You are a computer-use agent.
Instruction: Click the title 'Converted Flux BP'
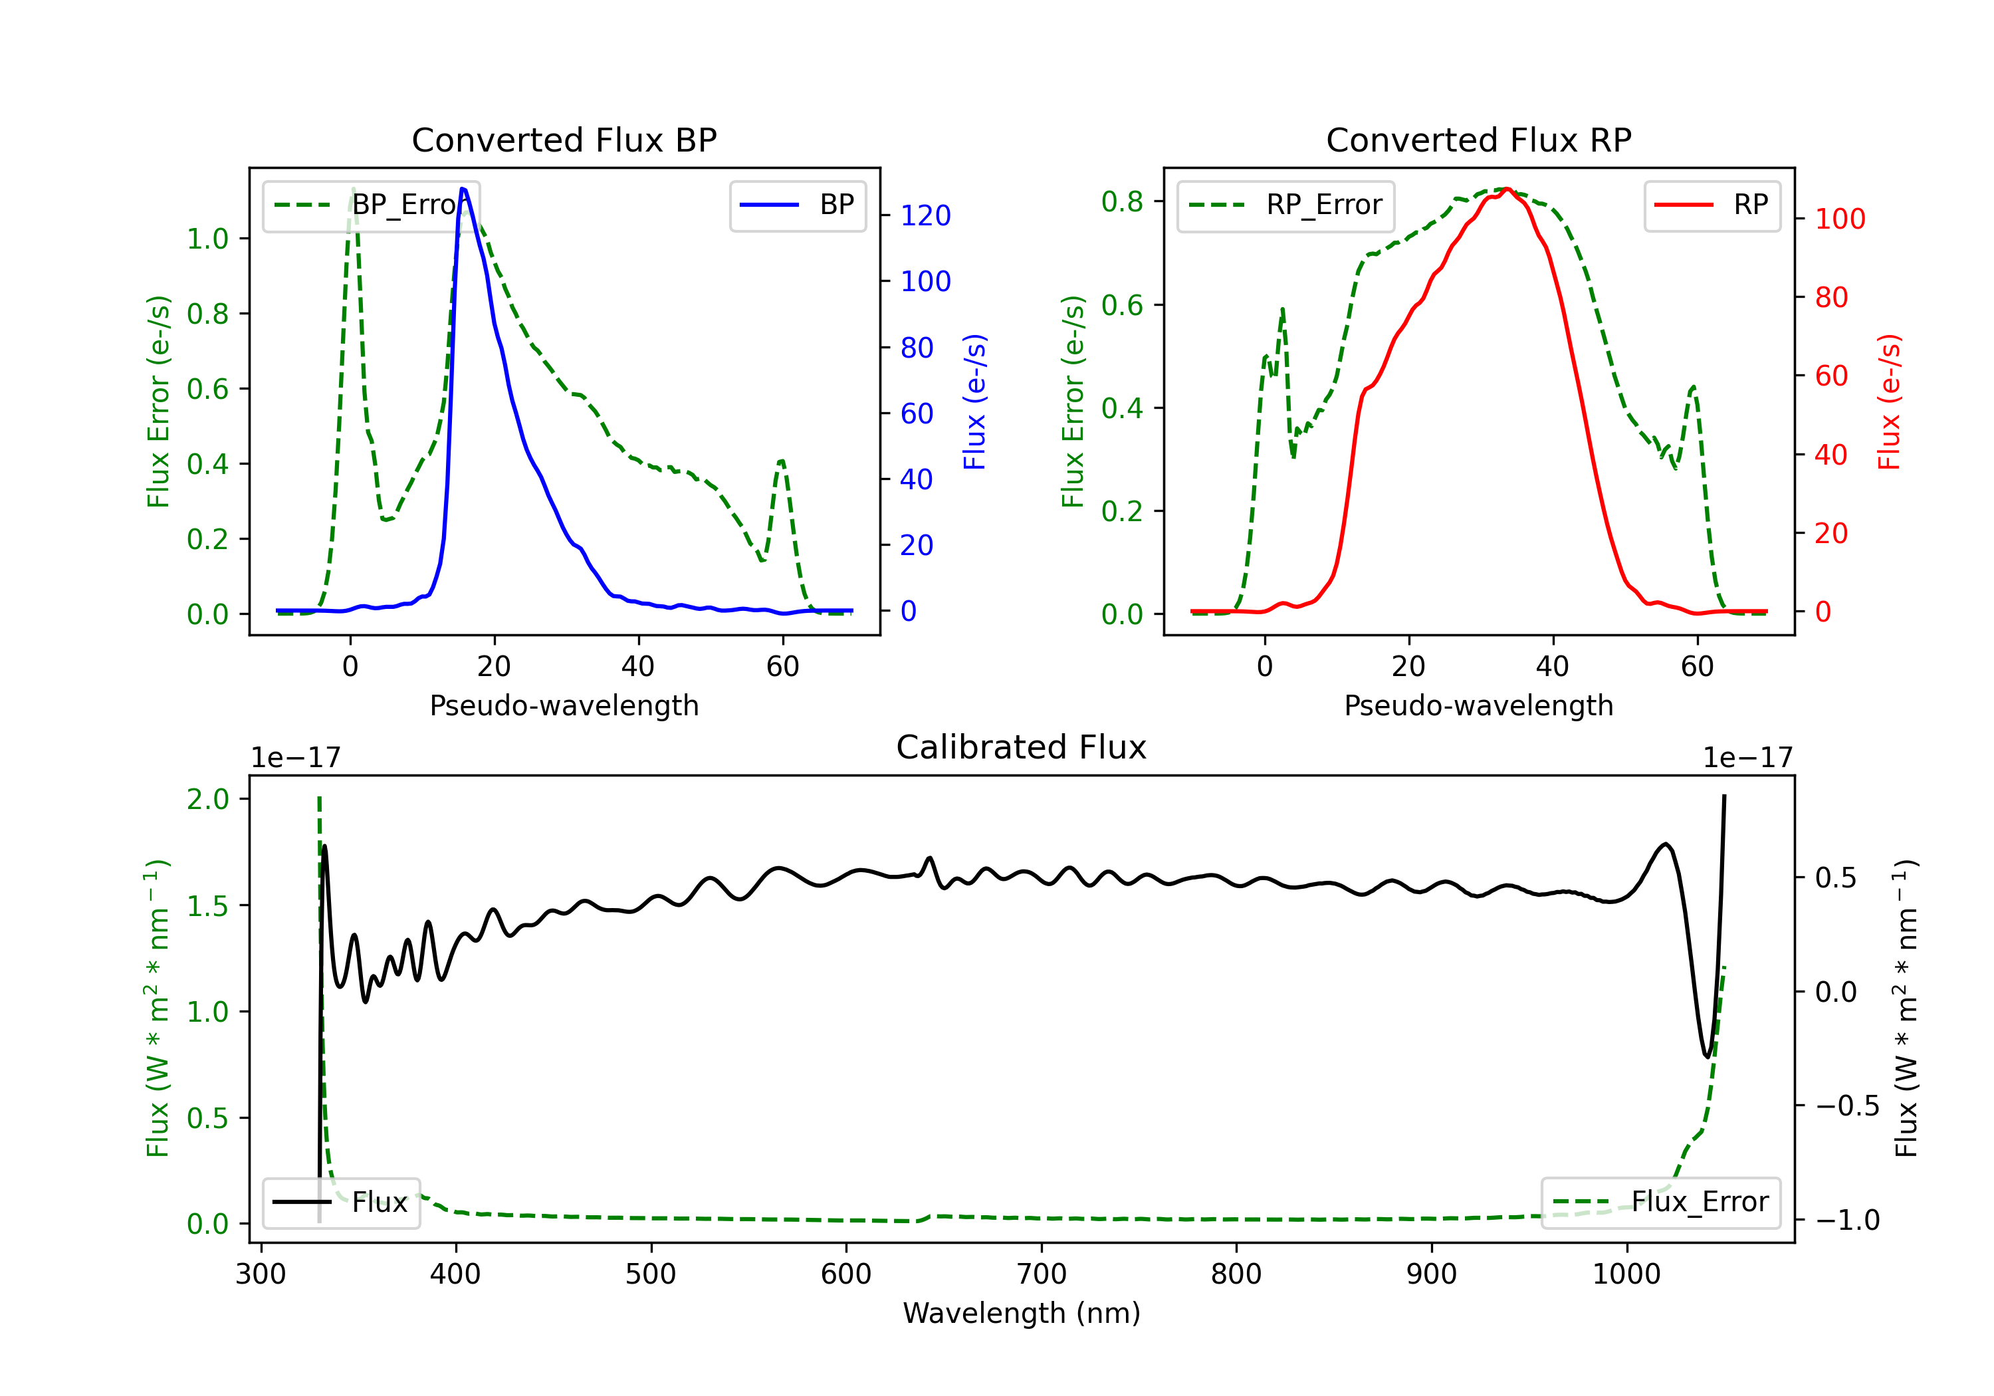(x=564, y=140)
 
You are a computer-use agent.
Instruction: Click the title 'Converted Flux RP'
(x=1478, y=140)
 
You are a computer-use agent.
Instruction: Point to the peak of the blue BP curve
(x=463, y=189)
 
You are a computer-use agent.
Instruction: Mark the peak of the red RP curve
(x=1507, y=189)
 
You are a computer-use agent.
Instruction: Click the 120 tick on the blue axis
(x=925, y=215)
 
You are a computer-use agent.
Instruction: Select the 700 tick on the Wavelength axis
(x=1042, y=1274)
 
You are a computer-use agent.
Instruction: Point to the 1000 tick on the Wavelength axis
(x=1626, y=1274)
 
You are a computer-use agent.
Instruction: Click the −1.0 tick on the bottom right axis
(x=1846, y=1221)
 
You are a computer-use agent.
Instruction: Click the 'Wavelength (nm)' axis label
(x=1022, y=1313)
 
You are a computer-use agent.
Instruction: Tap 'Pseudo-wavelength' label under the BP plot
(x=564, y=705)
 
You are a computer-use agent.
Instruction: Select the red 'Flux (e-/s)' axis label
(x=1889, y=402)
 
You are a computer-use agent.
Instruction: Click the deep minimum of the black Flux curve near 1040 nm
(x=1707, y=1056)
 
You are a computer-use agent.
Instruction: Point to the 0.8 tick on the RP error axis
(x=1121, y=201)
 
